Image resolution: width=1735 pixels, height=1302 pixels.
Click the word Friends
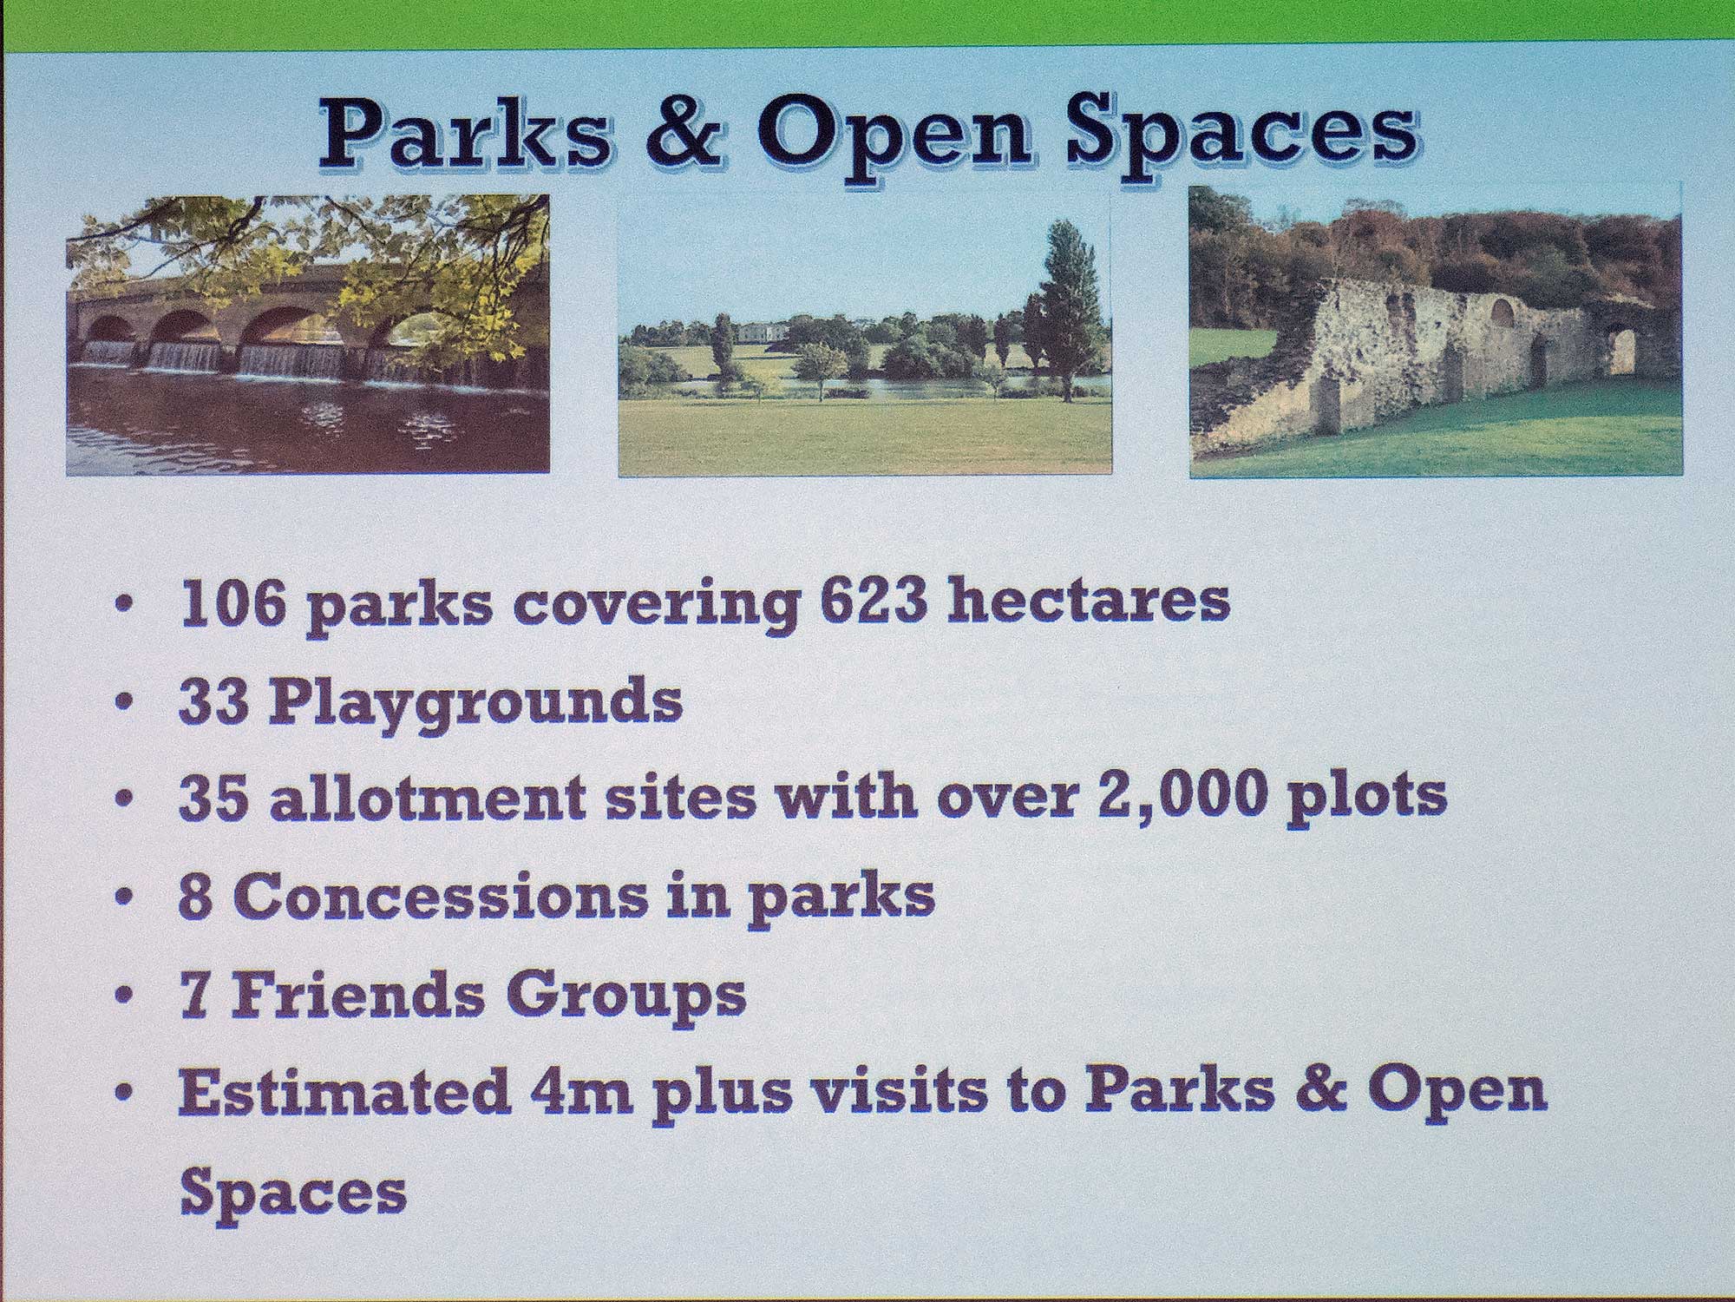(x=357, y=994)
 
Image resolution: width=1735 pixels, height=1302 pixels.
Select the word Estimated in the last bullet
(x=344, y=1094)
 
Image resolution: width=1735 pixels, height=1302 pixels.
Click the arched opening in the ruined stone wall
(x=1619, y=351)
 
